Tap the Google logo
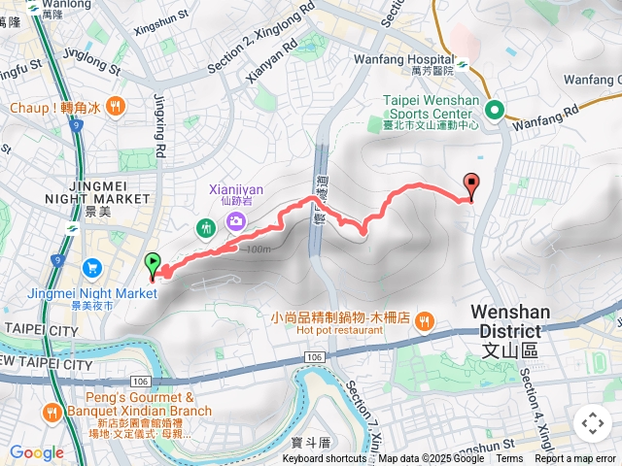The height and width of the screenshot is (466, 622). [37, 452]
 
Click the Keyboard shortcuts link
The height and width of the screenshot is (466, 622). [326, 459]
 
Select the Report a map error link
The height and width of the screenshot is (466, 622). [575, 459]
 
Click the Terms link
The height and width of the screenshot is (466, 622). [509, 459]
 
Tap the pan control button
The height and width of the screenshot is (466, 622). [592, 423]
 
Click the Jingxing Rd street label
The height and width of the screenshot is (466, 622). [159, 123]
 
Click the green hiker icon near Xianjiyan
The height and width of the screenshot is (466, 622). [205, 228]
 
